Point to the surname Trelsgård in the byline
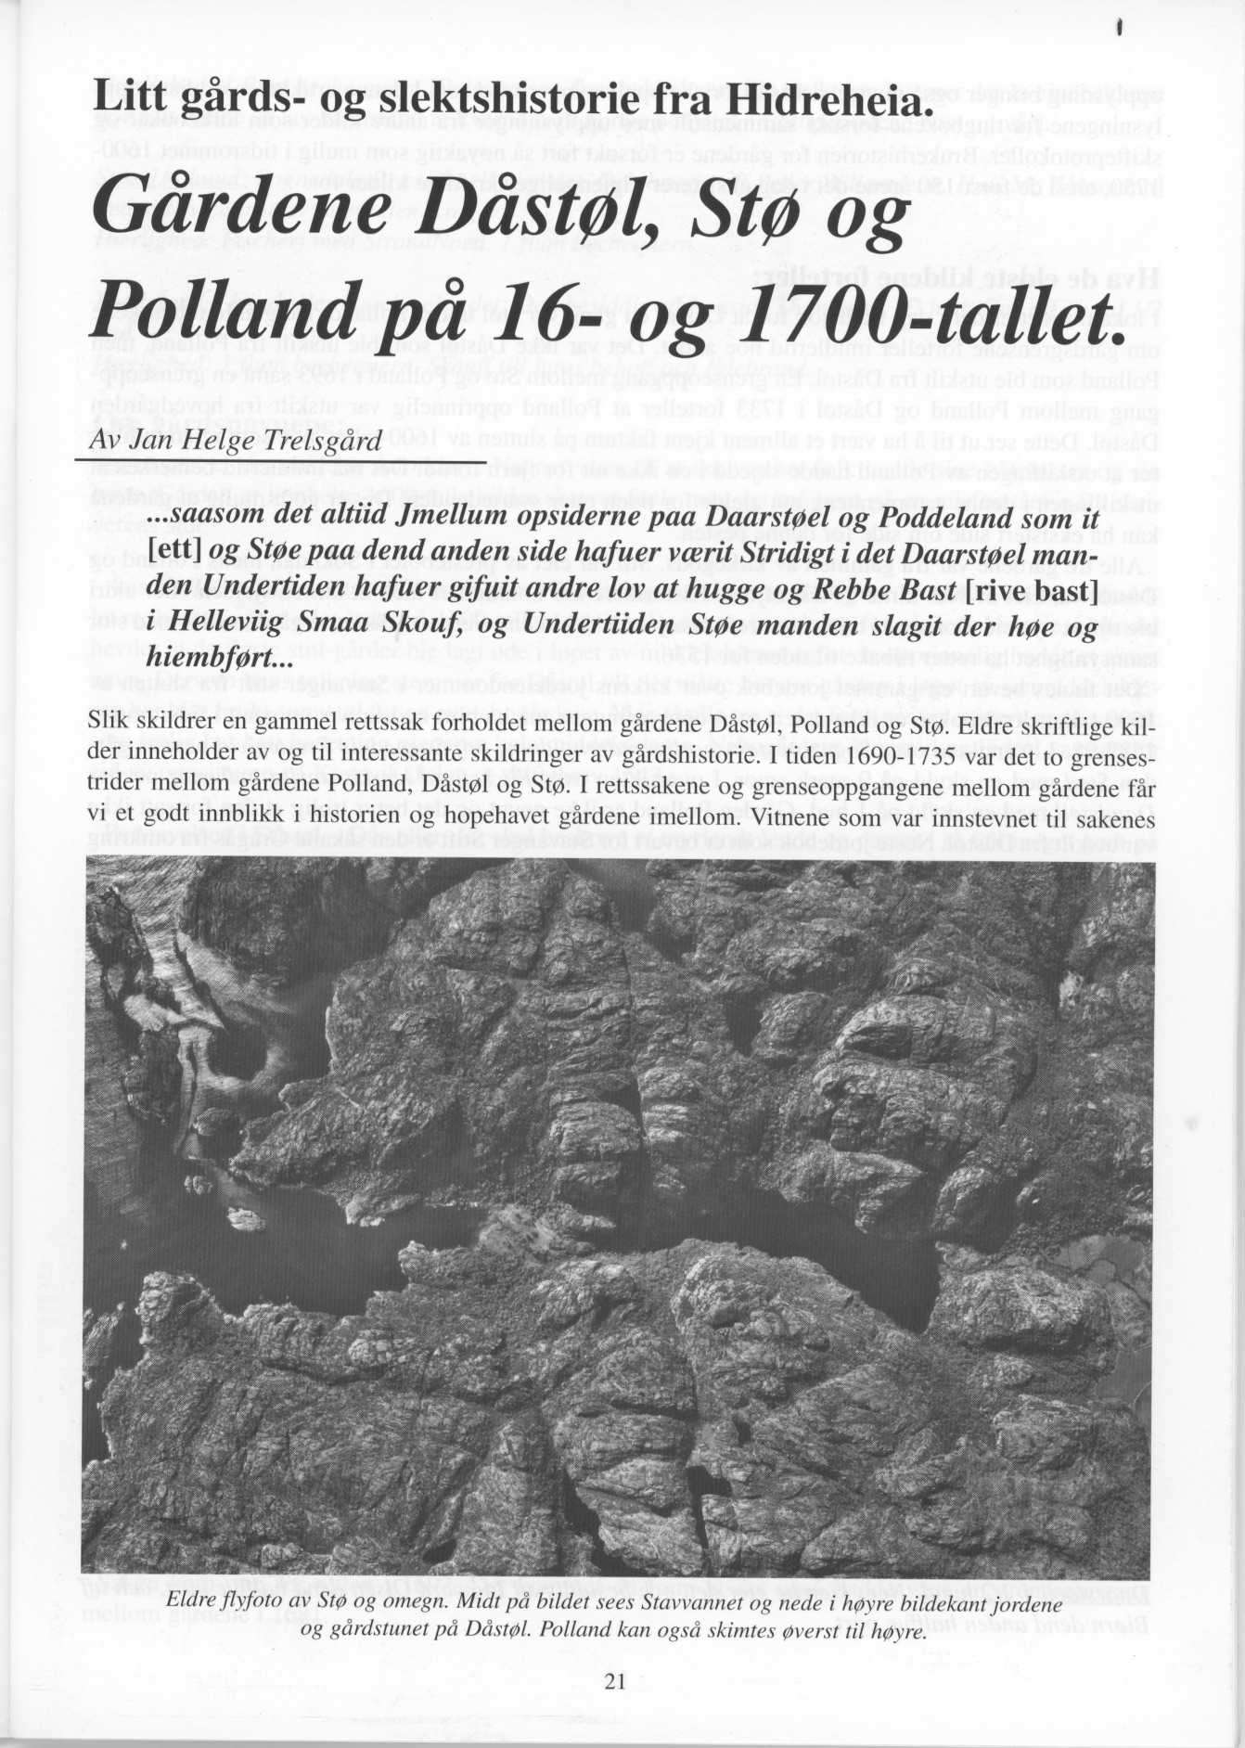point(323,440)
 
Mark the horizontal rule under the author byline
point(278,461)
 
